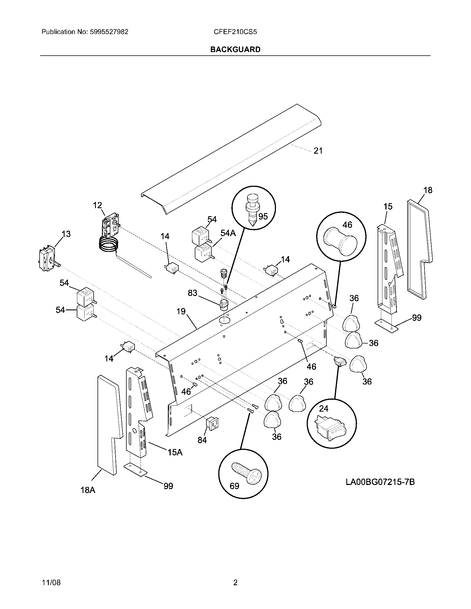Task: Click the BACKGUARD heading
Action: pyautogui.click(x=235, y=49)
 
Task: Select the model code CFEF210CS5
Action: pyautogui.click(x=235, y=32)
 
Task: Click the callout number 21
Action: pyautogui.click(x=318, y=151)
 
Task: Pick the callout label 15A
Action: pyautogui.click(x=175, y=452)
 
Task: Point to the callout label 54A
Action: pyautogui.click(x=228, y=233)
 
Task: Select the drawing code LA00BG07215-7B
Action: pyautogui.click(x=380, y=482)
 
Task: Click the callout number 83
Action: pyautogui.click(x=193, y=293)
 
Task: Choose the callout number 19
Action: pyautogui.click(x=181, y=311)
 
